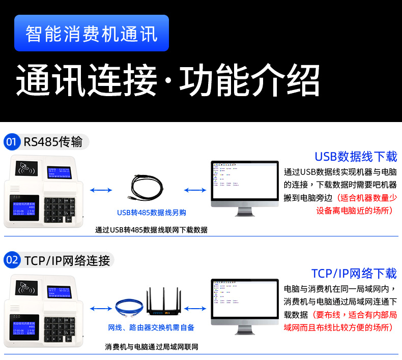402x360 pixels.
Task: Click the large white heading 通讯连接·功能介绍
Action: click(x=168, y=81)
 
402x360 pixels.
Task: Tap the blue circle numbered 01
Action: click(x=12, y=142)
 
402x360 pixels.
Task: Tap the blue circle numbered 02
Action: click(x=12, y=260)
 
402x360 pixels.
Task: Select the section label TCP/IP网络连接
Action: click(x=67, y=261)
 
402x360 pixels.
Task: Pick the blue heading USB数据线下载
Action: click(x=355, y=156)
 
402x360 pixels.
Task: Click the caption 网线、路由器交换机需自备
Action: click(x=151, y=327)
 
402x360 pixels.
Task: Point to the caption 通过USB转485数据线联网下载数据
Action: click(x=152, y=230)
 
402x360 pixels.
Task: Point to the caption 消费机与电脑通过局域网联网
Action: click(x=152, y=347)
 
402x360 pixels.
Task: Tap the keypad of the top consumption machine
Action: click(x=60, y=208)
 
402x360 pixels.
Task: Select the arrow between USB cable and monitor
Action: click(x=195, y=190)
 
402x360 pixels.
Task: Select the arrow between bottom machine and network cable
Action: click(x=101, y=308)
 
